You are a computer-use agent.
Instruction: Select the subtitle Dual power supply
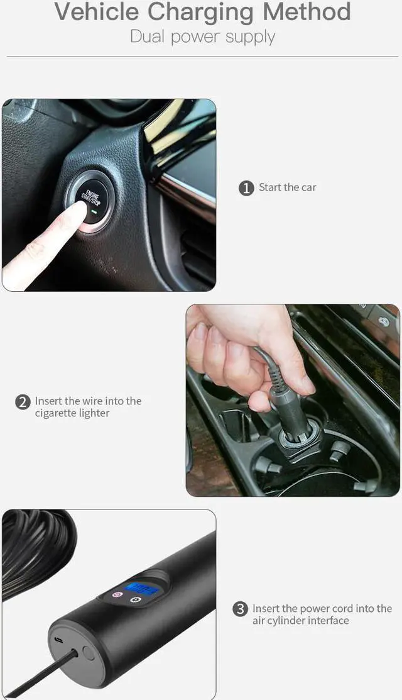coord(202,36)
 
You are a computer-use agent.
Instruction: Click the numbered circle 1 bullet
coord(246,188)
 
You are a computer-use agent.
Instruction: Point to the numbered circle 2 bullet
coord(23,402)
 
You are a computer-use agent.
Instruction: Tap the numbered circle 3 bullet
coord(240,609)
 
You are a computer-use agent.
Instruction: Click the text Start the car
coord(288,187)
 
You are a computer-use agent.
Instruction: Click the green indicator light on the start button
coord(92,219)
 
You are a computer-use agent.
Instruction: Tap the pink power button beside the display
coord(116,594)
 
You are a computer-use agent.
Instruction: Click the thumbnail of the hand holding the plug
coord(293,400)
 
